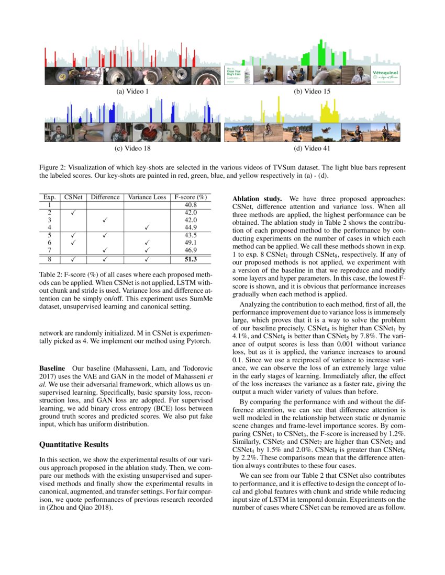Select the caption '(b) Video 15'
(312, 91)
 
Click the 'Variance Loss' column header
(147, 198)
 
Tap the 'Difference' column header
(105, 198)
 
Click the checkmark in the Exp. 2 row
(72, 213)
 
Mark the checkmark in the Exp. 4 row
(147, 227)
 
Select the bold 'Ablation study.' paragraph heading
(257, 200)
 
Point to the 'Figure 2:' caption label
(54, 167)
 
